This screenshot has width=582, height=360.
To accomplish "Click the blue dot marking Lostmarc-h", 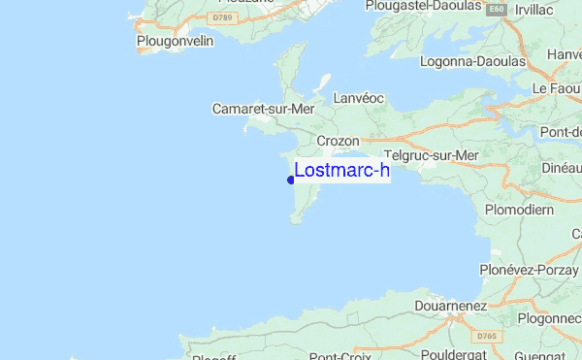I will (291, 180).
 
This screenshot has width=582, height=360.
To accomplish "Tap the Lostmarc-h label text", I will (341, 171).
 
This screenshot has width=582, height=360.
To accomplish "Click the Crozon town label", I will (339, 141).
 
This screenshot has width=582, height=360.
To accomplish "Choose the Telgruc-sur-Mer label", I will (432, 155).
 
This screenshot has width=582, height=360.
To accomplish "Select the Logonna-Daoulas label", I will (472, 61).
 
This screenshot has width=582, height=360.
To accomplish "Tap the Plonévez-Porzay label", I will (529, 269).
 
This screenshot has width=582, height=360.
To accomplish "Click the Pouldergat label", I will (457, 353).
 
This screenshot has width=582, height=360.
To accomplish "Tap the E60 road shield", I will (497, 9).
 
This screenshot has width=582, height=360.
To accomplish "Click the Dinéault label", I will (562, 167).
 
